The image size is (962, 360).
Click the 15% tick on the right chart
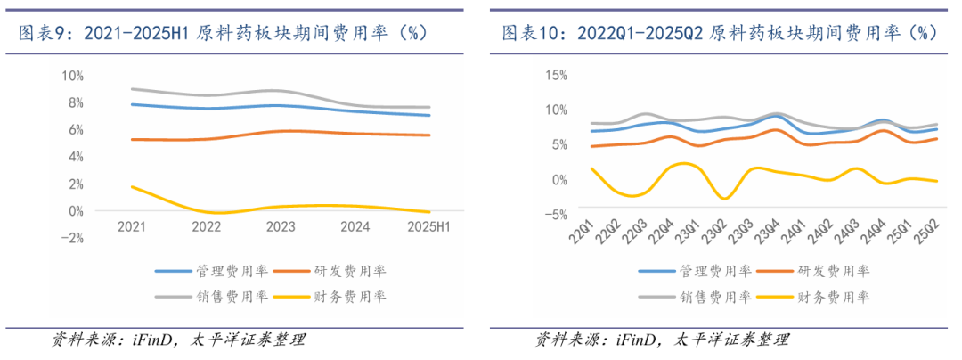[555, 75]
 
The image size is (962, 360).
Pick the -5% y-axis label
[555, 214]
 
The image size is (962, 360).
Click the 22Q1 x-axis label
[586, 234]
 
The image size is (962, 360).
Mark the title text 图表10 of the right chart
[533, 33]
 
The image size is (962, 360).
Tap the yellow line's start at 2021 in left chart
[132, 187]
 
